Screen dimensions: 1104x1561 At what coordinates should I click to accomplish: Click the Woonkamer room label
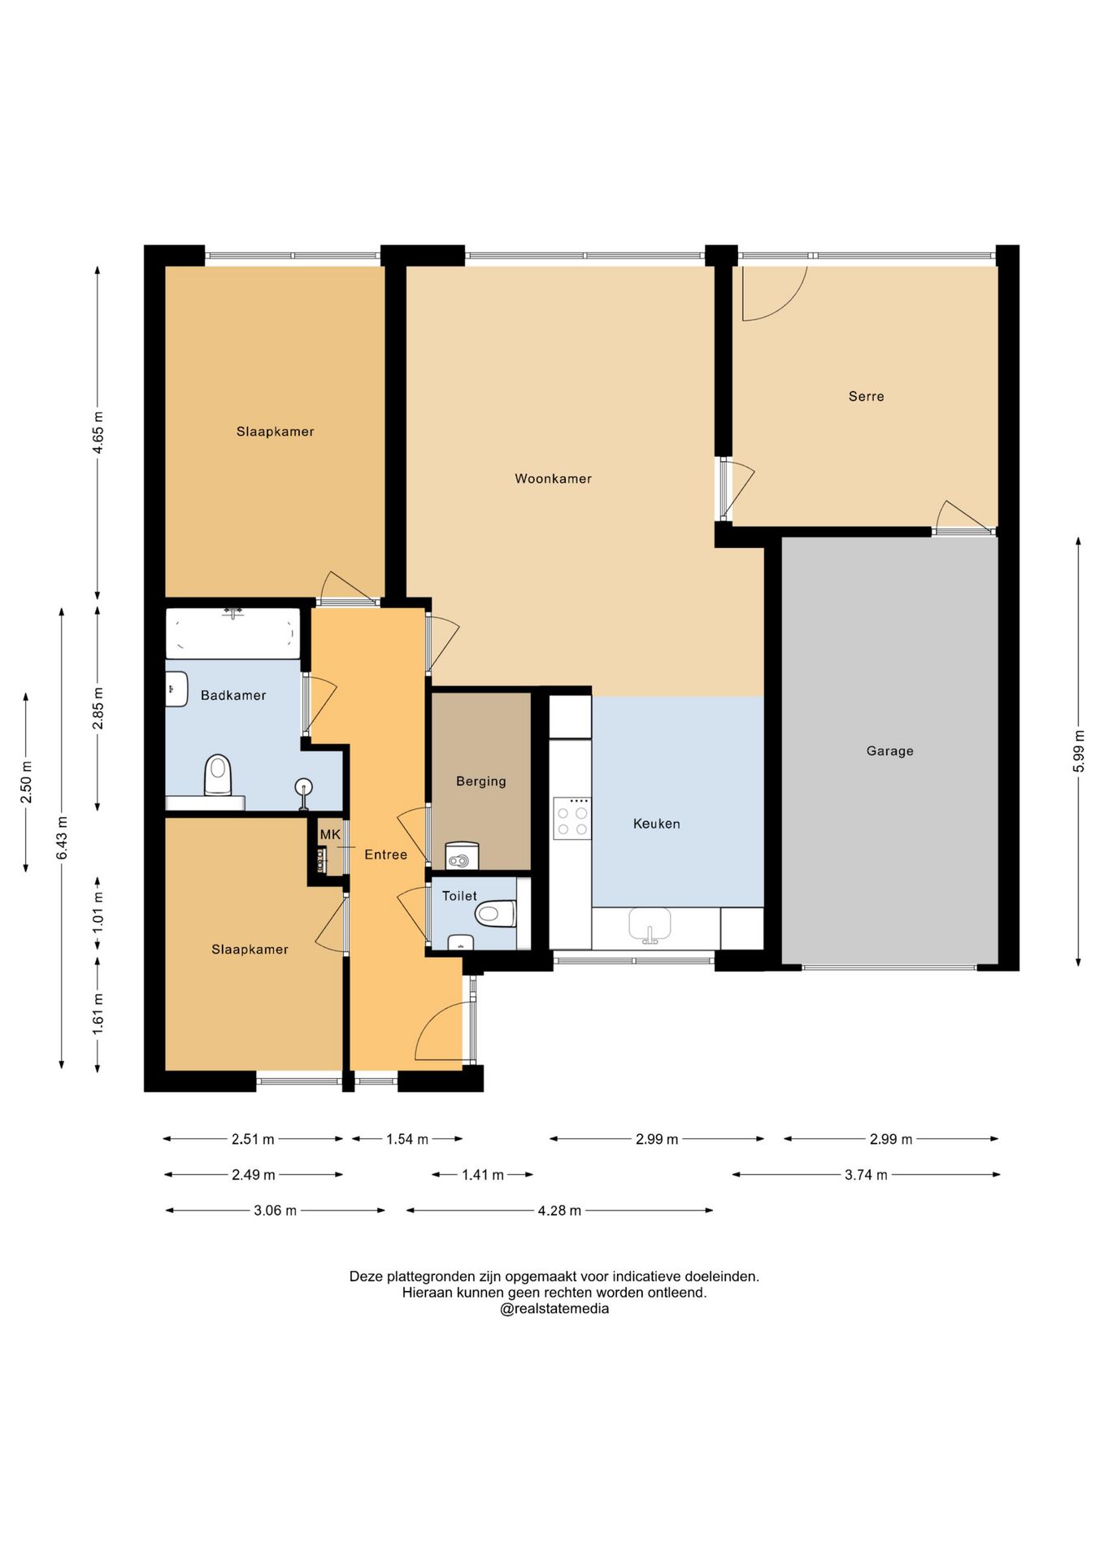click(553, 479)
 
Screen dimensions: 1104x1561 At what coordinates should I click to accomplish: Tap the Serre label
click(866, 397)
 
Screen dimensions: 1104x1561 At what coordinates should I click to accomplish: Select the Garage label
click(889, 751)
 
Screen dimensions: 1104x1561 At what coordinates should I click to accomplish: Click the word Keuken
click(656, 824)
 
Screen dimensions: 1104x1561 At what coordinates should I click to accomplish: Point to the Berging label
click(480, 781)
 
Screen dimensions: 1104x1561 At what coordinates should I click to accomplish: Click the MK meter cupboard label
click(330, 834)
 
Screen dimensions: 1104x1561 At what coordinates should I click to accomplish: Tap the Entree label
click(385, 854)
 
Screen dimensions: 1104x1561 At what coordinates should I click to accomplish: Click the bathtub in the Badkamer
click(233, 633)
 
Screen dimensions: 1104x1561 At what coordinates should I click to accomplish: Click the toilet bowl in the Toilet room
click(495, 913)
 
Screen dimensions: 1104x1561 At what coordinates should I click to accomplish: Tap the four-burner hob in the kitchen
click(572, 818)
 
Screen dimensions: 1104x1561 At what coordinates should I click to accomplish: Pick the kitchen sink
click(650, 925)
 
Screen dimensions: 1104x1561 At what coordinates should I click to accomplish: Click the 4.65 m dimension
click(98, 433)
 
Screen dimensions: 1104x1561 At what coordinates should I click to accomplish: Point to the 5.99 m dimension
click(1079, 752)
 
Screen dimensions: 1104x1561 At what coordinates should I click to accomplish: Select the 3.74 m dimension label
click(866, 1175)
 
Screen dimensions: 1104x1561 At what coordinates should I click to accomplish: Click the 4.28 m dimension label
click(559, 1211)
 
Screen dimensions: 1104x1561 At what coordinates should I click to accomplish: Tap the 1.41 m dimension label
click(483, 1175)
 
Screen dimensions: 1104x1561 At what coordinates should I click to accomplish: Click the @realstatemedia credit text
click(554, 1309)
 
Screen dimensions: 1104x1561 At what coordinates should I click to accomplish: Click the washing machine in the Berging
click(462, 856)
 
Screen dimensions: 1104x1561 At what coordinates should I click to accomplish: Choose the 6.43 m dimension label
click(62, 837)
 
